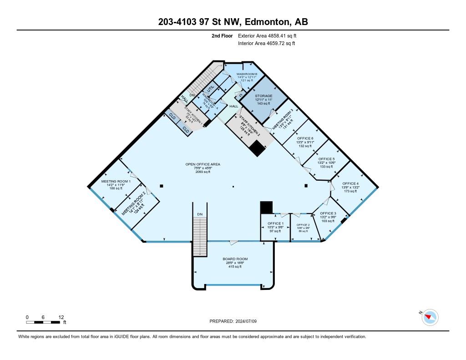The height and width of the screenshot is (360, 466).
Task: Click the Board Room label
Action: point(235,259)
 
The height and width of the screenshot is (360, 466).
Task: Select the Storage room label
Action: point(263,96)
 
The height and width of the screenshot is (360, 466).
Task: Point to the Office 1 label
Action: point(275,223)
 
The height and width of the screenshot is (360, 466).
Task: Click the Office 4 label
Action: point(350,183)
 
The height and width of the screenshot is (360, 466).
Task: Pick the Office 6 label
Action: point(305,138)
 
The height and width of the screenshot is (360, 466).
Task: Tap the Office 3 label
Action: point(328,213)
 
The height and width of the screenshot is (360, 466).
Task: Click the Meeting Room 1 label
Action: point(116,181)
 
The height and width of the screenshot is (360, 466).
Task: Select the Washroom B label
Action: point(247,74)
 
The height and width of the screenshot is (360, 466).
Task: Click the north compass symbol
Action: point(429,317)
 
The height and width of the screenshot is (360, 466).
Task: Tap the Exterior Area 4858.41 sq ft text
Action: point(267,35)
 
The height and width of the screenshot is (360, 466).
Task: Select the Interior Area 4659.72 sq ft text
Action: point(266,43)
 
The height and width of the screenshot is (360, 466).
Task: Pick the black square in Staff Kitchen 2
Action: point(257,148)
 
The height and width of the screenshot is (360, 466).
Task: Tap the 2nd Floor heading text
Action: point(223,35)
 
